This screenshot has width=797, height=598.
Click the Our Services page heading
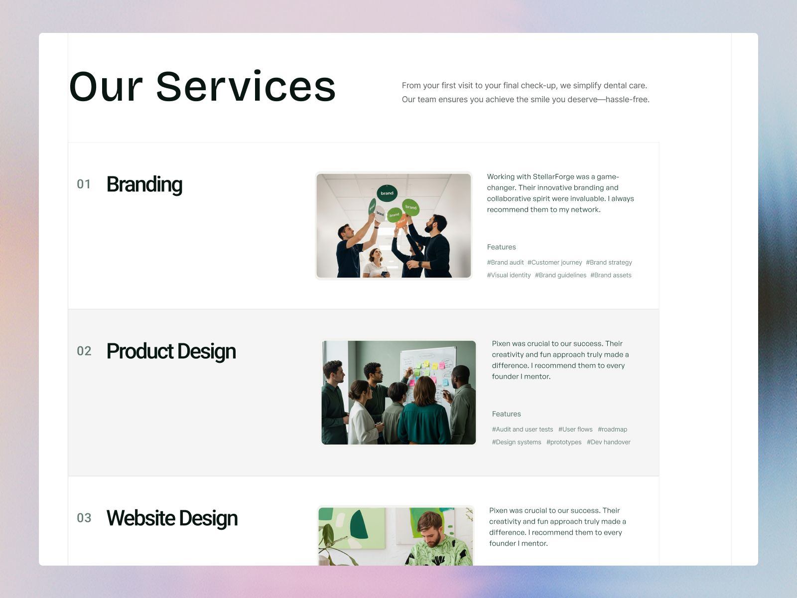coord(202,87)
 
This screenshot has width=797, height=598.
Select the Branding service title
coord(144,184)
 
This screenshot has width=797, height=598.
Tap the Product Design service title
coord(171,351)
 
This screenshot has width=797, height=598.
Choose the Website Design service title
coord(172,518)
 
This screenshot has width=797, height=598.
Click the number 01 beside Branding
coord(84,184)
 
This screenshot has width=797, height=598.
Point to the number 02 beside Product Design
coord(84,351)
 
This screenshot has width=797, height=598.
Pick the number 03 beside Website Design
coord(84,518)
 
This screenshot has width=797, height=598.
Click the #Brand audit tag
coord(505,263)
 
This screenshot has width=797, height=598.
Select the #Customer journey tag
coord(554,263)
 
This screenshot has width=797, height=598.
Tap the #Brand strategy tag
coord(609,263)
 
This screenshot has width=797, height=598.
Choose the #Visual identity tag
coord(509,276)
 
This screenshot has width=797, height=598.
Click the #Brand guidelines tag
coord(560,276)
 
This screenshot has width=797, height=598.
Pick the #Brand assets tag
coord(611,276)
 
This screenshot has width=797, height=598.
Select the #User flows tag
coord(575,430)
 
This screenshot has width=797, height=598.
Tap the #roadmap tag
coord(612,430)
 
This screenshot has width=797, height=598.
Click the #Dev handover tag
coord(608,443)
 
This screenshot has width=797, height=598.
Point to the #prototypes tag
coord(563,443)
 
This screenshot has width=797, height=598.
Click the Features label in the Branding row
coord(501,247)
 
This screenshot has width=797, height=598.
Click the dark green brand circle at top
coord(387,193)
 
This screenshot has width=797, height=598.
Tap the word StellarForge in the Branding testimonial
coord(553,177)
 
